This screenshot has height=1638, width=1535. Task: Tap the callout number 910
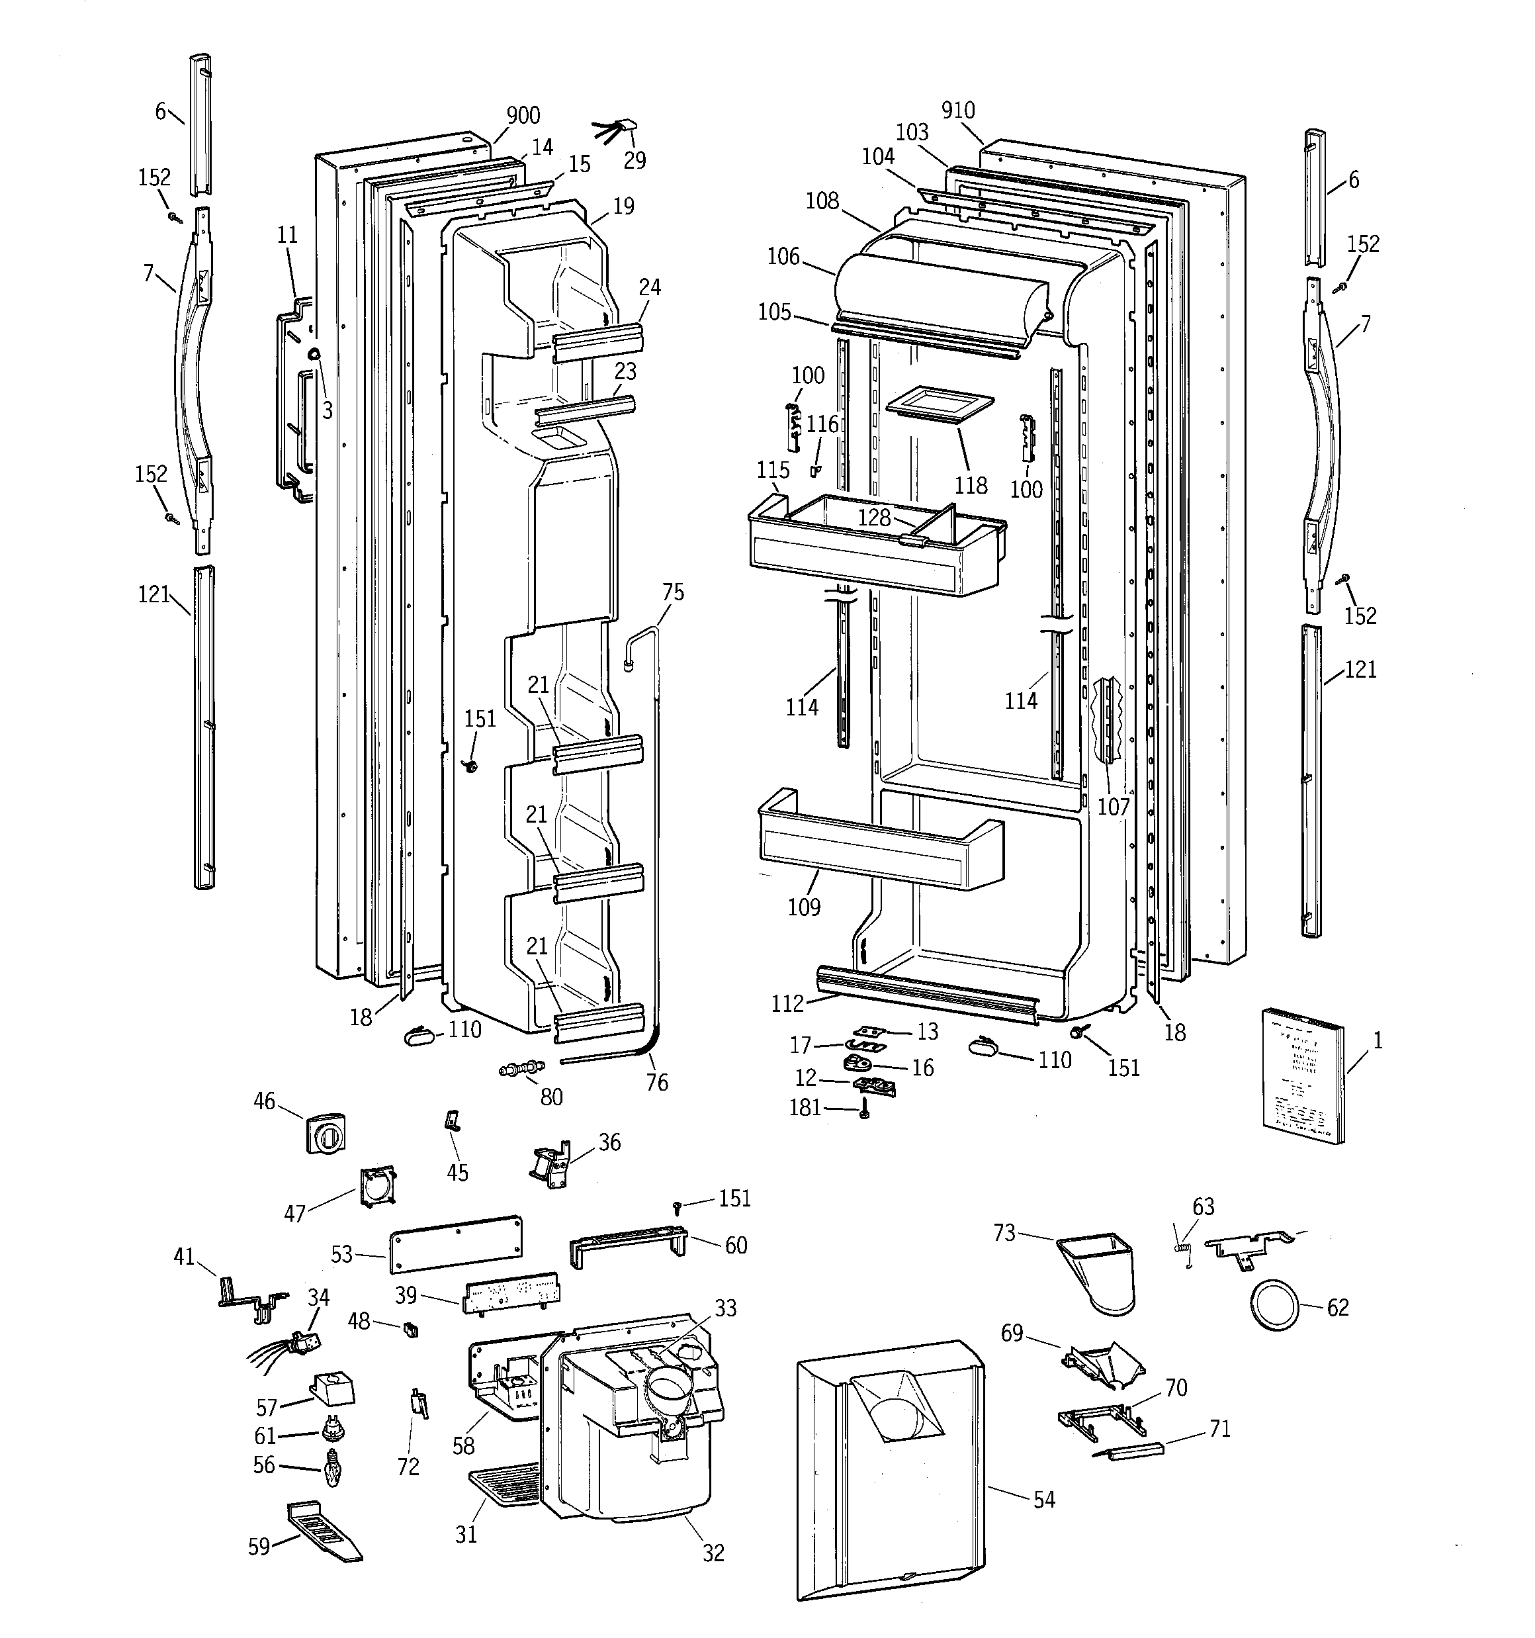pyautogui.click(x=957, y=111)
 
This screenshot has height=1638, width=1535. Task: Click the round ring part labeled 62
pyautogui.click(x=1274, y=1305)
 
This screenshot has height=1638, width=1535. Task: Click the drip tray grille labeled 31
pyautogui.click(x=504, y=1489)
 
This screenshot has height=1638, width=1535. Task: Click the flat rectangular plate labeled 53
pyautogui.click(x=457, y=1244)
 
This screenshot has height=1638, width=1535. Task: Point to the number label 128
pyautogui.click(x=873, y=518)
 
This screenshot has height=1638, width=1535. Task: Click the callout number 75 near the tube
pyautogui.click(x=672, y=592)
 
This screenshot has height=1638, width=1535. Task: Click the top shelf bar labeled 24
pyautogui.click(x=597, y=340)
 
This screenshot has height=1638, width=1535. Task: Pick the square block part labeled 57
pyautogui.click(x=333, y=1388)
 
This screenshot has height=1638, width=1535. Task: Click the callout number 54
pyautogui.click(x=1044, y=1500)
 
